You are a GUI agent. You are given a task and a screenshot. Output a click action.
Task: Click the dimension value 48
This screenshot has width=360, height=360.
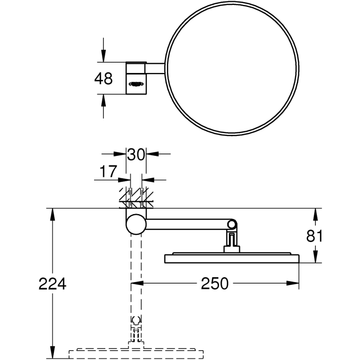click(103, 78)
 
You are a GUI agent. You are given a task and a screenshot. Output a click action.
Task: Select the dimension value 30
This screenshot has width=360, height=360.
click(136, 154)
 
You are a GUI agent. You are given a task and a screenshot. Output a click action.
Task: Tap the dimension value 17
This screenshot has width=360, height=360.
click(108, 171)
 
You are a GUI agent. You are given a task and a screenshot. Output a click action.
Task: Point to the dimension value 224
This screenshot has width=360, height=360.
click(52, 284)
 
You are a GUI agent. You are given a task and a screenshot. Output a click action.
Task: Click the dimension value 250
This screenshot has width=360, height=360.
click(215, 284)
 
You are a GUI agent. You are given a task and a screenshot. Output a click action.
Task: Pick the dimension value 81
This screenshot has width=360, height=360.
click(314, 236)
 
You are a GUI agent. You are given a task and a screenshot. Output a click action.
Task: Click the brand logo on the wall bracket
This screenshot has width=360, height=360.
click(136, 84)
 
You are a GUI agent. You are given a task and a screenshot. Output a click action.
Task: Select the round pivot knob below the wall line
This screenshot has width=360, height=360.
click(136, 224)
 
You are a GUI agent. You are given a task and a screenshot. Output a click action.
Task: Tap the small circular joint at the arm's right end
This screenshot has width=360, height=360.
click(232, 224)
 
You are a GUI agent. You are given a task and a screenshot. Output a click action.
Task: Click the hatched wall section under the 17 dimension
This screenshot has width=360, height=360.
click(136, 198)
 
